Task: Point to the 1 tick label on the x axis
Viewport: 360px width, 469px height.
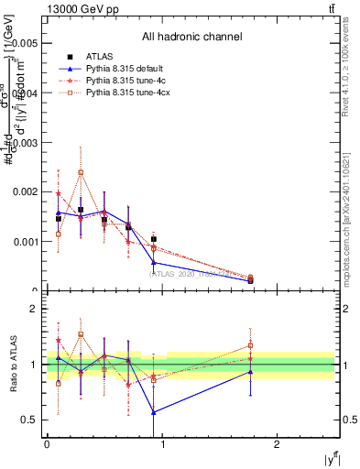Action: [x=161, y=444]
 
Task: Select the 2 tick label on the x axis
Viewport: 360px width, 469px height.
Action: [x=277, y=444]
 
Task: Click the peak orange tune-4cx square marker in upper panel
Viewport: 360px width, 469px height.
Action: [x=81, y=172]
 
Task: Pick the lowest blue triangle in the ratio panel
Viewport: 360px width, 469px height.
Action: [x=154, y=412]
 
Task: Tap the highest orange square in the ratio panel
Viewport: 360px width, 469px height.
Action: [x=81, y=334]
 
